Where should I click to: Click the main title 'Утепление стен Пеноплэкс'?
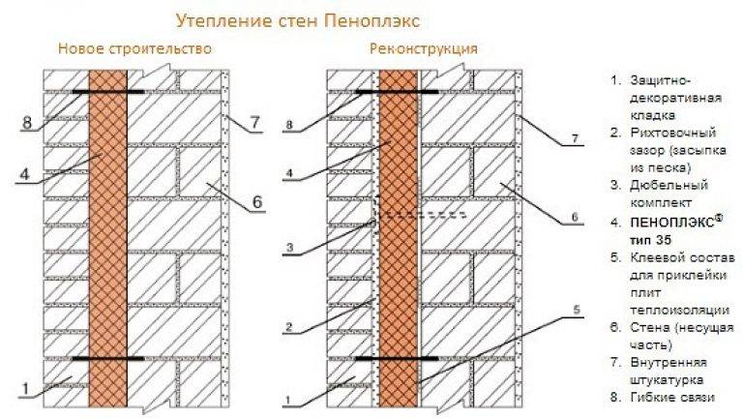[298, 21]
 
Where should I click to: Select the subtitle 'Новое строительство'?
[135, 48]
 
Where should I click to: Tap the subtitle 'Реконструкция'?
[424, 48]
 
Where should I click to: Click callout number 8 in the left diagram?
[27, 123]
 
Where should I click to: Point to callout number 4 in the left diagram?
[24, 174]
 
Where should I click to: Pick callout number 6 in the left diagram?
[256, 202]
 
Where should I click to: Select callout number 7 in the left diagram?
[255, 123]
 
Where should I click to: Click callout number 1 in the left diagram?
[25, 390]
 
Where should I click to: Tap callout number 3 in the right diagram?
[290, 247]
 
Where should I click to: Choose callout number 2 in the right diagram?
[289, 326]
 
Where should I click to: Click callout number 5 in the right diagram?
[577, 310]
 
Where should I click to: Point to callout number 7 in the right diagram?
[575, 139]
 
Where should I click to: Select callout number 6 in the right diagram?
[575, 217]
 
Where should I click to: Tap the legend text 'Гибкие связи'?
[672, 397]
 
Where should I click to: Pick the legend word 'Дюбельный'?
[669, 185]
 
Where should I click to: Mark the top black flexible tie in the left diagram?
[108, 91]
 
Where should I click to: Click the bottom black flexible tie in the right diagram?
[396, 359]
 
